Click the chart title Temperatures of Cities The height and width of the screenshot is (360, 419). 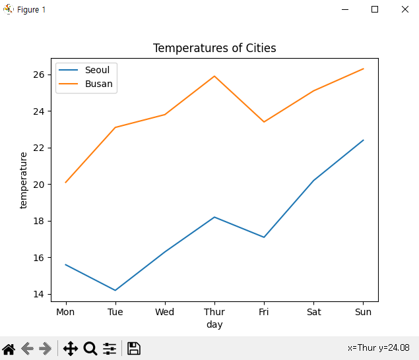tap(214, 48)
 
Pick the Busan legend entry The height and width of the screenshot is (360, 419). tap(98, 84)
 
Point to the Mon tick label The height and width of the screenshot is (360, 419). tap(65, 311)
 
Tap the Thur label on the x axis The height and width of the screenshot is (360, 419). tap(214, 311)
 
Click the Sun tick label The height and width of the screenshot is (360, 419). tap(363, 311)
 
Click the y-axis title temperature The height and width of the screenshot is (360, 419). tap(24, 180)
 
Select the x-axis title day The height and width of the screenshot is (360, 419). tap(214, 324)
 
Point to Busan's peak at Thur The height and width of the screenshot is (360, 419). tap(214, 76)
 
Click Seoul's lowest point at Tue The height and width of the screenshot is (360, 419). tap(115, 290)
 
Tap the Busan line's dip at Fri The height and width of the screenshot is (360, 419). tap(264, 122)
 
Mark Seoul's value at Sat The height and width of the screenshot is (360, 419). tap(313, 180)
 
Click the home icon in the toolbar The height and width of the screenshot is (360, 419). tap(9, 348)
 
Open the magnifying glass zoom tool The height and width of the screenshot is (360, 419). tap(90, 348)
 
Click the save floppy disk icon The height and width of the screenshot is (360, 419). tap(134, 348)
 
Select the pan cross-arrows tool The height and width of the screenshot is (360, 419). tap(71, 348)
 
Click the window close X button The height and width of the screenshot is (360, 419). tap(404, 9)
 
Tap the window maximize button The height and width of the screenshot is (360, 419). tap(375, 9)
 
